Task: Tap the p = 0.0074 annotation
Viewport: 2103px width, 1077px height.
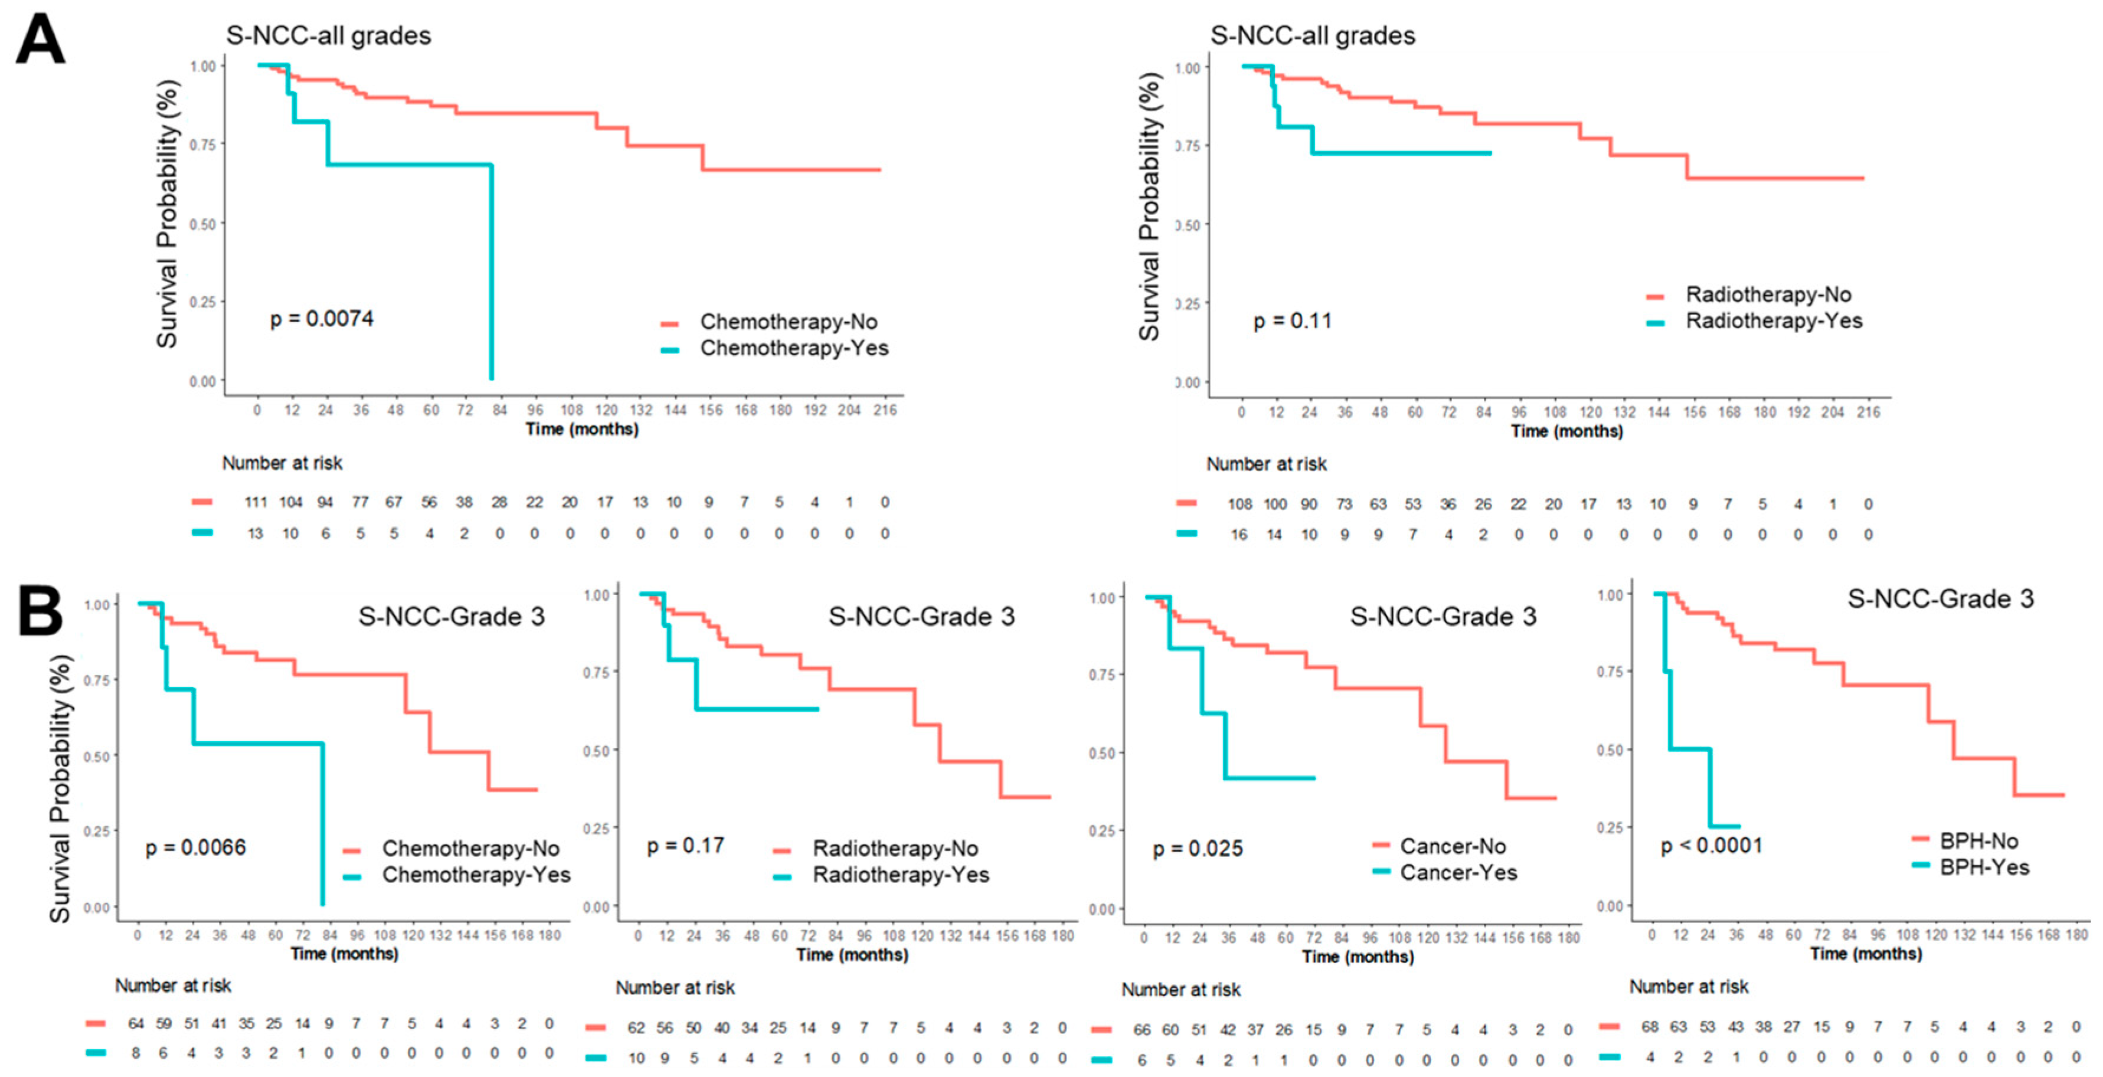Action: click(322, 319)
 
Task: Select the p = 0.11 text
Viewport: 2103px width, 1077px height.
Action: click(1293, 321)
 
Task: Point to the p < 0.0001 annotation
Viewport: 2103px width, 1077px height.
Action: click(1711, 845)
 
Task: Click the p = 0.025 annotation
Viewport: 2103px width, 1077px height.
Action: click(1197, 849)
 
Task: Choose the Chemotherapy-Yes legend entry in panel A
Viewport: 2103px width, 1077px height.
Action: click(793, 349)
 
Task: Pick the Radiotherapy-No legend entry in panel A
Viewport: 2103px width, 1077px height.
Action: click(1768, 294)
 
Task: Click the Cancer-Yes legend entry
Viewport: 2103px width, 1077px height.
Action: click(1458, 873)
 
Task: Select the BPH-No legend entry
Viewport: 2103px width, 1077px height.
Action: click(1978, 841)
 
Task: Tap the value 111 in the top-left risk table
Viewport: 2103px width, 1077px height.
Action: click(256, 502)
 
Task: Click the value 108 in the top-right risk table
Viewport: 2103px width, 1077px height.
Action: click(1239, 505)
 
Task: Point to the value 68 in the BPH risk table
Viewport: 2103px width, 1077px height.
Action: click(1649, 1026)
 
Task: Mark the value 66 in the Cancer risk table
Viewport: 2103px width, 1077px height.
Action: click(1142, 1030)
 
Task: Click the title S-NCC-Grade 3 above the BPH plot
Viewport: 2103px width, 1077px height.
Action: click(1940, 598)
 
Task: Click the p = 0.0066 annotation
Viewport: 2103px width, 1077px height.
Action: click(195, 847)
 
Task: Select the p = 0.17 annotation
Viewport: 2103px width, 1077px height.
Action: click(685, 845)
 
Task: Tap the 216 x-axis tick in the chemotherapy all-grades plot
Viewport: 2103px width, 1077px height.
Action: click(884, 410)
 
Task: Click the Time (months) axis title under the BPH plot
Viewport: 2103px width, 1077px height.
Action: click(1866, 954)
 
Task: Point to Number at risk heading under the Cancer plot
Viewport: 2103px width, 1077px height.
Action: click(1180, 990)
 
